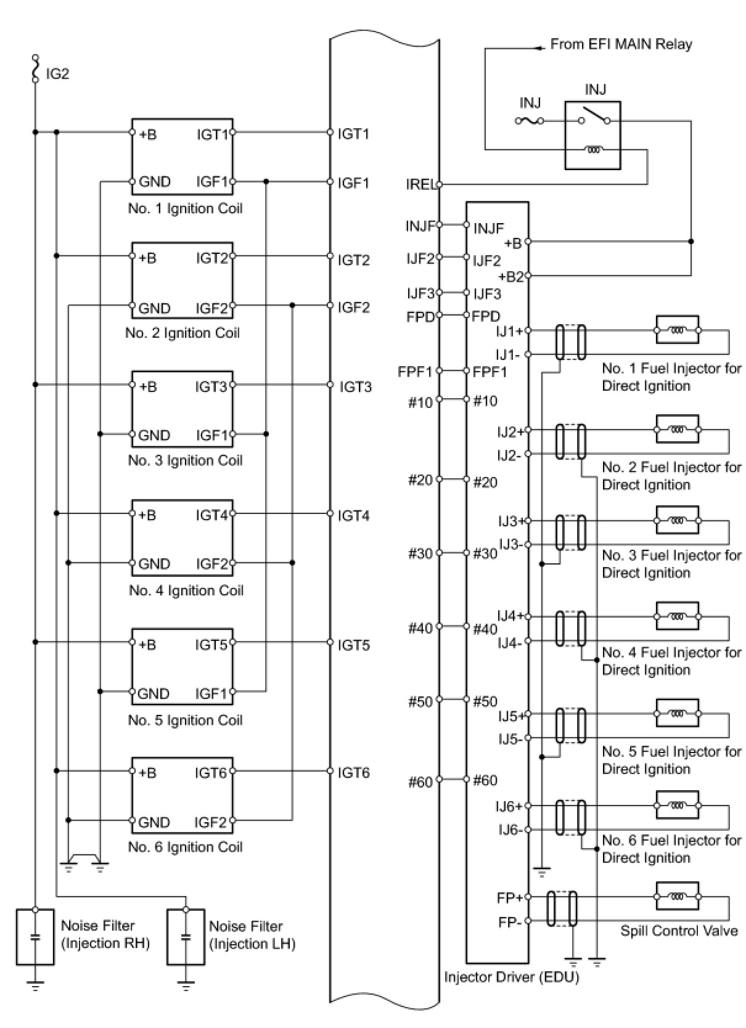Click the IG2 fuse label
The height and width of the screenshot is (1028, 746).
point(57,74)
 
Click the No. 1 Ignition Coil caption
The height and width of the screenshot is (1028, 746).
point(185,208)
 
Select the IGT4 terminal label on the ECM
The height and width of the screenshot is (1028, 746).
point(353,516)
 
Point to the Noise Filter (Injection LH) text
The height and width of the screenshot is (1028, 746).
point(252,935)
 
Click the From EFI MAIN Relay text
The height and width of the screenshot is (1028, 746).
point(621,44)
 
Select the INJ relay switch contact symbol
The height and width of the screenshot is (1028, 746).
point(594,116)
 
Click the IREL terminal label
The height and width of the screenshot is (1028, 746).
point(420,184)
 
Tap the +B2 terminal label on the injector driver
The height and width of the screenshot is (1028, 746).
point(511,277)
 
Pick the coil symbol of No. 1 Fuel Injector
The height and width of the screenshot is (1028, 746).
point(677,330)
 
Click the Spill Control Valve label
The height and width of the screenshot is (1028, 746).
point(679,931)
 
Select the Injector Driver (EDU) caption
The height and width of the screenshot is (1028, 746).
point(512,977)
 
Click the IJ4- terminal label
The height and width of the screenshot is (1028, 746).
point(509,643)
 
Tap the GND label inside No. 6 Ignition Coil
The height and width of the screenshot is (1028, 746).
point(154,822)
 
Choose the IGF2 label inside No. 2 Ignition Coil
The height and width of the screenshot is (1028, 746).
point(211,308)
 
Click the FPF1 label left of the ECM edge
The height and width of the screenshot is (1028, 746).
point(415,372)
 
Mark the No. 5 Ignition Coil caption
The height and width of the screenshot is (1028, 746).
point(185,720)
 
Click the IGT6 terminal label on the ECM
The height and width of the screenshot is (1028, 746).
point(353,773)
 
